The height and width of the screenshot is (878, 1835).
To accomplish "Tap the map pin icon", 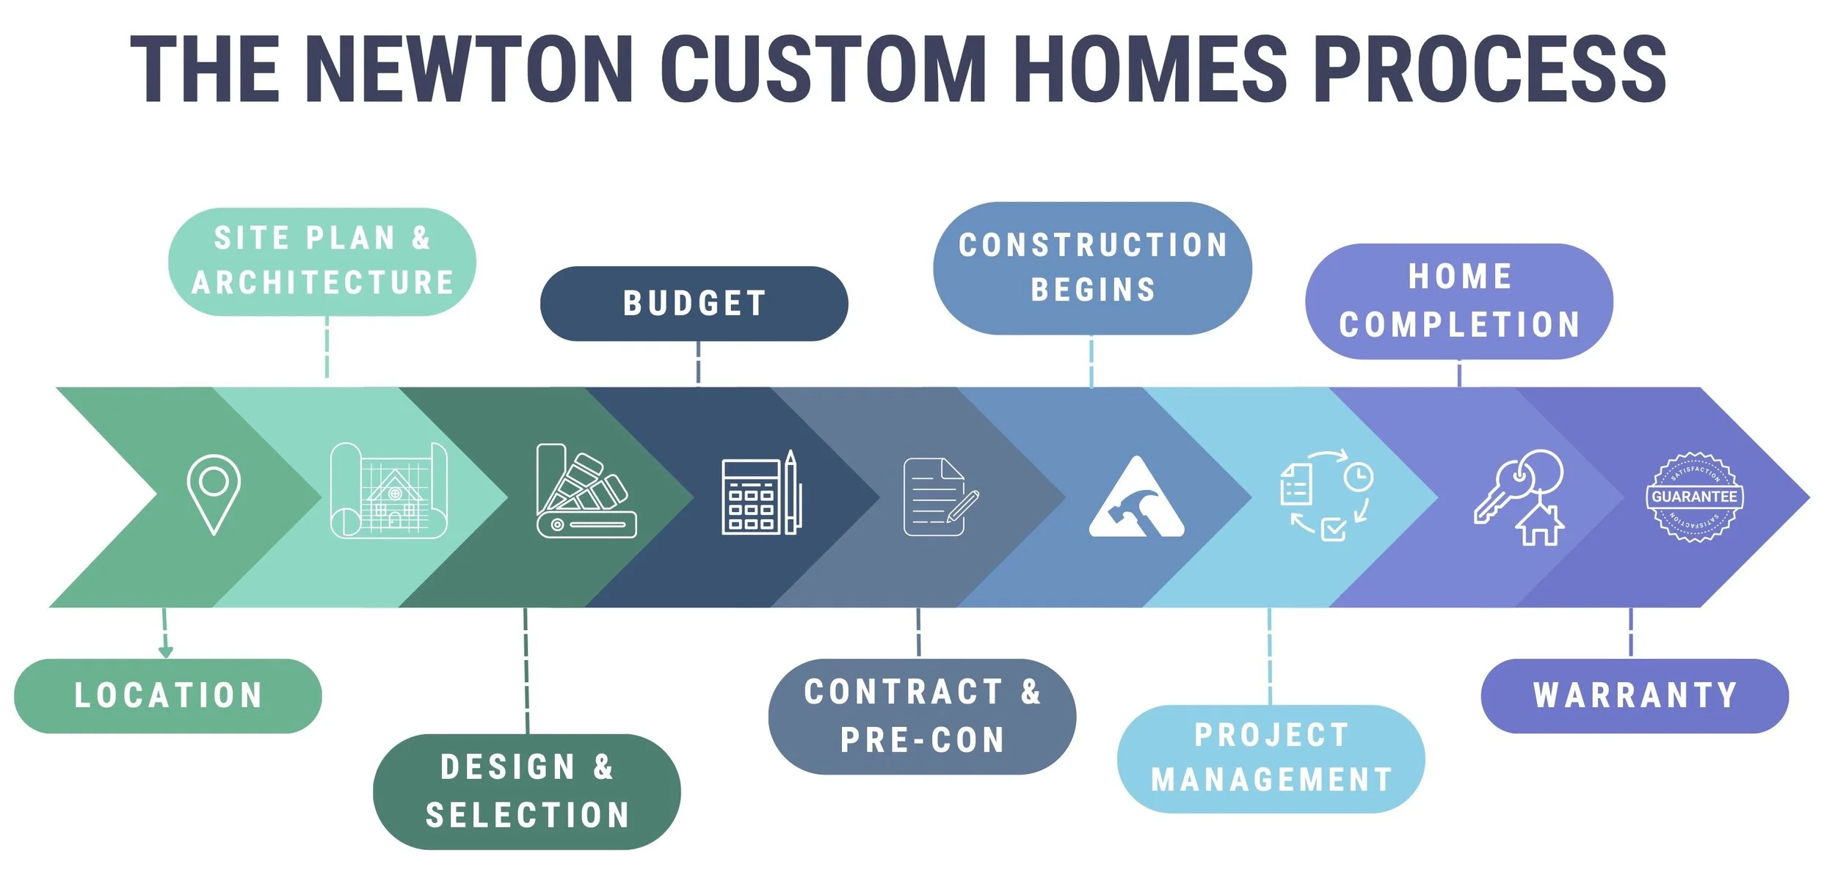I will (214, 494).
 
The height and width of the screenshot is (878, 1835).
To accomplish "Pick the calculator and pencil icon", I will (761, 493).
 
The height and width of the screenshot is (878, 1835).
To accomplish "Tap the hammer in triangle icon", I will (1136, 498).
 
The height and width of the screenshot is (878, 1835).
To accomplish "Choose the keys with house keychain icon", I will (1519, 497).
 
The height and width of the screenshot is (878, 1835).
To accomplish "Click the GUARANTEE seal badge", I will (1694, 497).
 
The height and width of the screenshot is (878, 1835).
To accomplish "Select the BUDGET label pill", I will (694, 303).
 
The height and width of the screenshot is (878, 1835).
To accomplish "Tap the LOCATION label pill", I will (168, 695).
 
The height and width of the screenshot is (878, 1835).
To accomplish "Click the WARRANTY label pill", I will (1635, 695).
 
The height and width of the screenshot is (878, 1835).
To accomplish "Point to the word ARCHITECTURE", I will (323, 282).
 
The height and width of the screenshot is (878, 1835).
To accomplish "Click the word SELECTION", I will (528, 815).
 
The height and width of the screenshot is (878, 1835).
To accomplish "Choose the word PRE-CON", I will (922, 740).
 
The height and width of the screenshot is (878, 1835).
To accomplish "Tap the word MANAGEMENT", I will (1271, 780).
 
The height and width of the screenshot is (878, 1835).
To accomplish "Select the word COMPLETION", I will (1459, 324).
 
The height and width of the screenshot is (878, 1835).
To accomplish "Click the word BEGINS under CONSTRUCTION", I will (1093, 290).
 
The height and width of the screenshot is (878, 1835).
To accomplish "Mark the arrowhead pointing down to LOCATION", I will (166, 651).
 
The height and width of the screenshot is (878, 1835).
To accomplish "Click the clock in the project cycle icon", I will (1358, 478).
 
